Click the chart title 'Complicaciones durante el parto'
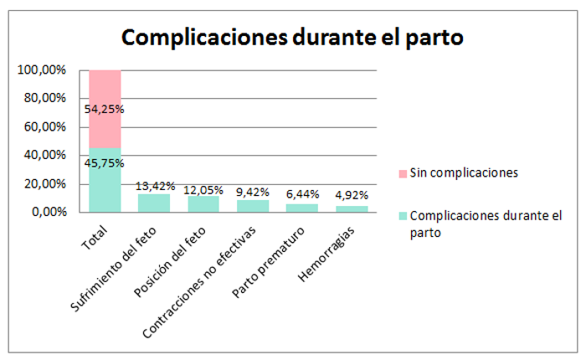pos(292,38)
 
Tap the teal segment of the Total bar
pos(105,188)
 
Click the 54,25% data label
pos(105,109)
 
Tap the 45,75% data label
pos(105,162)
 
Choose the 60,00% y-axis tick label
pos(41,127)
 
